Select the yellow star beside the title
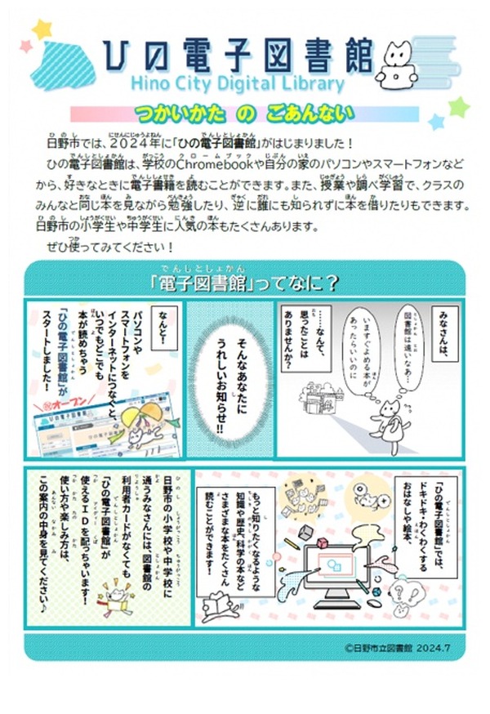[x=42, y=30]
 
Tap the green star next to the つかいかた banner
[x=457, y=107]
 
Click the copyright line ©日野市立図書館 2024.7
[x=392, y=647]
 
